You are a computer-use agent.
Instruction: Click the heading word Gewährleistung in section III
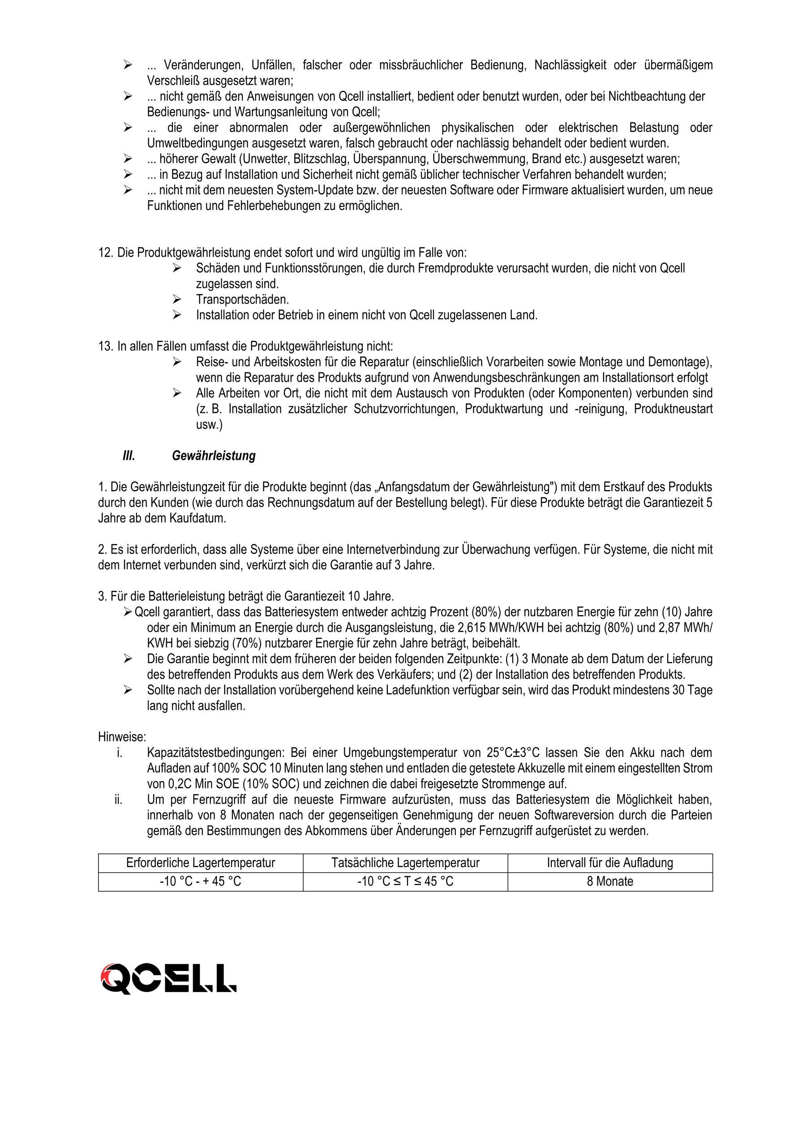213,456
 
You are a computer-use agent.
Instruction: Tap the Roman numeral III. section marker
129,456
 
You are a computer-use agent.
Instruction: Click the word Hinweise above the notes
122,737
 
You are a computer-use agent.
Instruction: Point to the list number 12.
106,252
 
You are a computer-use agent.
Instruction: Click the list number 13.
106,346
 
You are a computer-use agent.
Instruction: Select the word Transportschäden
242,299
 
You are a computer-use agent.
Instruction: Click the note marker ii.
118,800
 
